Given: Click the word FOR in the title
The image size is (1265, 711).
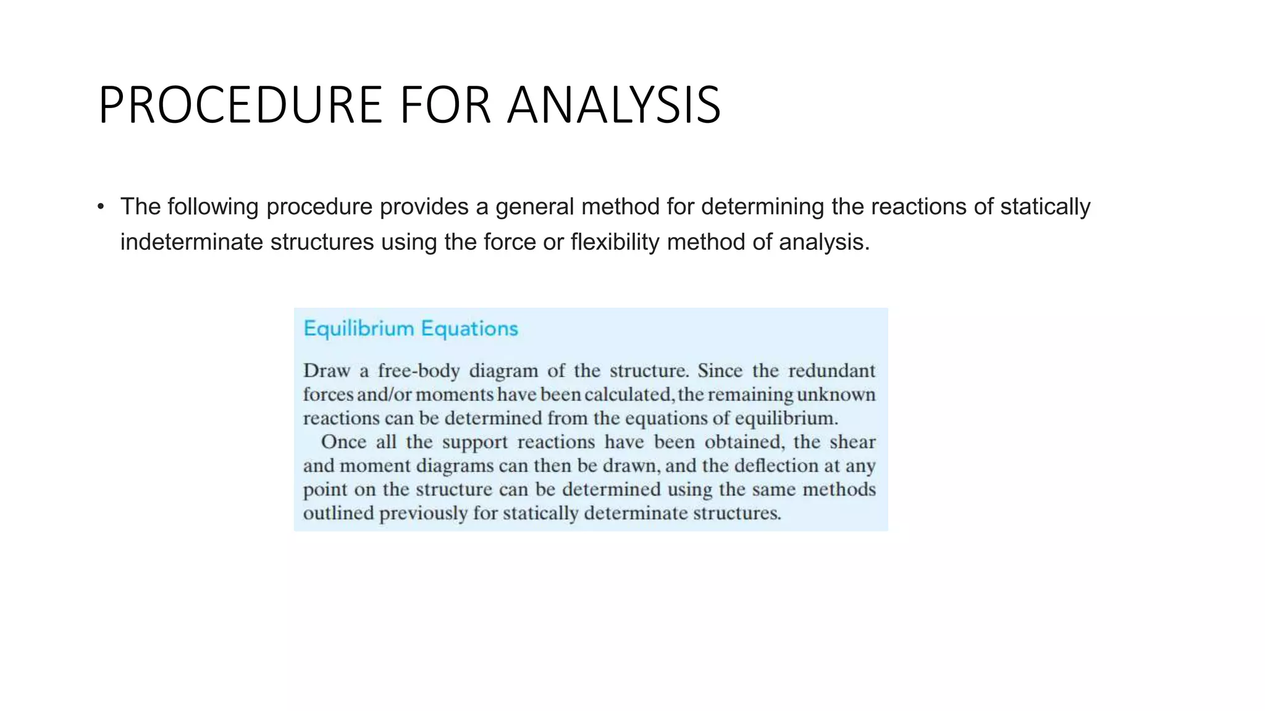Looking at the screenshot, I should [445, 105].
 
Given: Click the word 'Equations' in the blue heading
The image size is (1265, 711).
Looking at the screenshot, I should [470, 328].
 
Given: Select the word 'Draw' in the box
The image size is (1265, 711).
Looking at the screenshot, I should [327, 370].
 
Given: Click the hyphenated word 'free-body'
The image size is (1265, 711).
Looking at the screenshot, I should [419, 370].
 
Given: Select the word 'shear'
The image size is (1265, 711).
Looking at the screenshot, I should [852, 442].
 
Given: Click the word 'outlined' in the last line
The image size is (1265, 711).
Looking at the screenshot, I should [338, 513].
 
